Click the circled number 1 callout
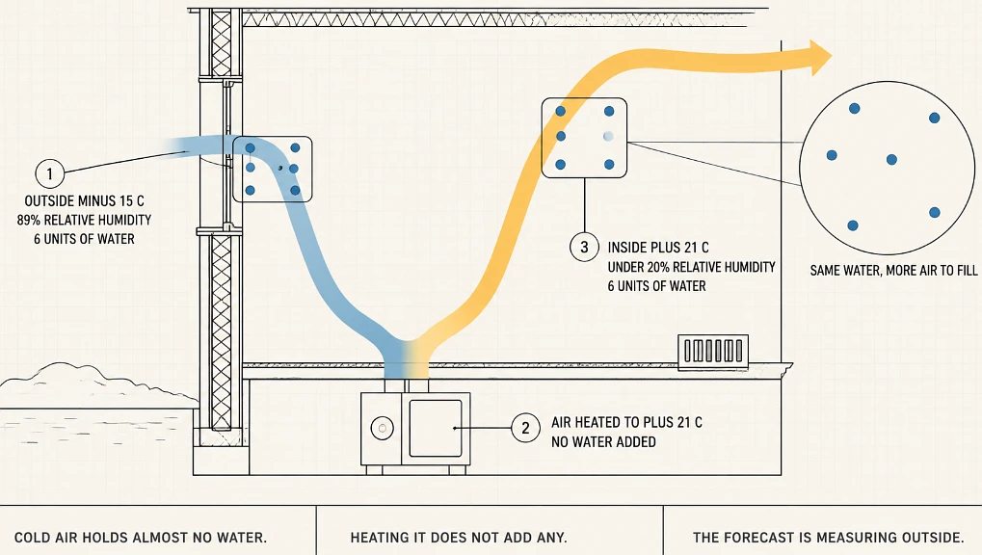(x=49, y=172)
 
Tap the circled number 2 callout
(x=525, y=428)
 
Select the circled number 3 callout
(x=584, y=247)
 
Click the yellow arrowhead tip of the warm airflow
(x=832, y=58)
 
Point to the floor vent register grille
(x=713, y=351)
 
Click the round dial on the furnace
(x=382, y=429)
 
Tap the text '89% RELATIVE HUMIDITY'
(x=85, y=220)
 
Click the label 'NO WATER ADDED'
(x=603, y=441)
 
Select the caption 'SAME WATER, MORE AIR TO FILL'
(x=893, y=271)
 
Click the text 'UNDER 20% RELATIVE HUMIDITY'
(x=691, y=267)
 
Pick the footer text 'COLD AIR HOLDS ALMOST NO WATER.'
(x=141, y=538)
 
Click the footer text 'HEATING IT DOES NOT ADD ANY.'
(x=459, y=538)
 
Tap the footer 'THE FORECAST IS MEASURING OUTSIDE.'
(x=829, y=538)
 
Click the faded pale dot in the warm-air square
(x=608, y=136)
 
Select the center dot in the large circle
(x=891, y=160)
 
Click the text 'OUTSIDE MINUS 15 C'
(x=85, y=201)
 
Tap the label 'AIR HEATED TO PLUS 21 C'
(x=627, y=422)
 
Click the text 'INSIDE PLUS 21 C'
(x=658, y=248)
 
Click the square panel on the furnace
(x=436, y=429)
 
